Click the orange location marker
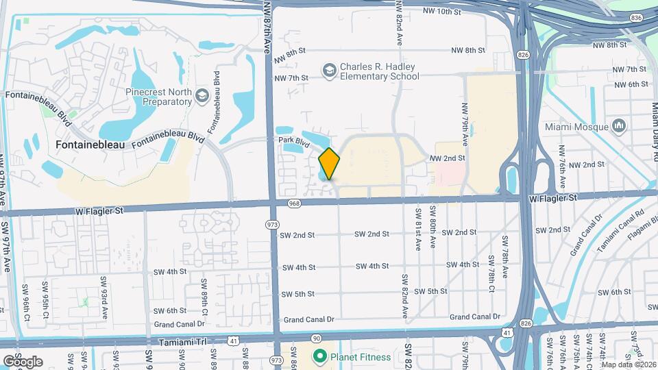(x=330, y=164)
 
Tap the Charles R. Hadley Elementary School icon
(x=329, y=70)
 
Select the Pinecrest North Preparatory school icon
(x=202, y=95)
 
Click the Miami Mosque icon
(x=620, y=126)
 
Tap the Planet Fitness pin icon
(x=319, y=356)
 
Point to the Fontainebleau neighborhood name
(x=84, y=145)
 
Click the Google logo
(x=23, y=361)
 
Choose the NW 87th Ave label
(x=267, y=27)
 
